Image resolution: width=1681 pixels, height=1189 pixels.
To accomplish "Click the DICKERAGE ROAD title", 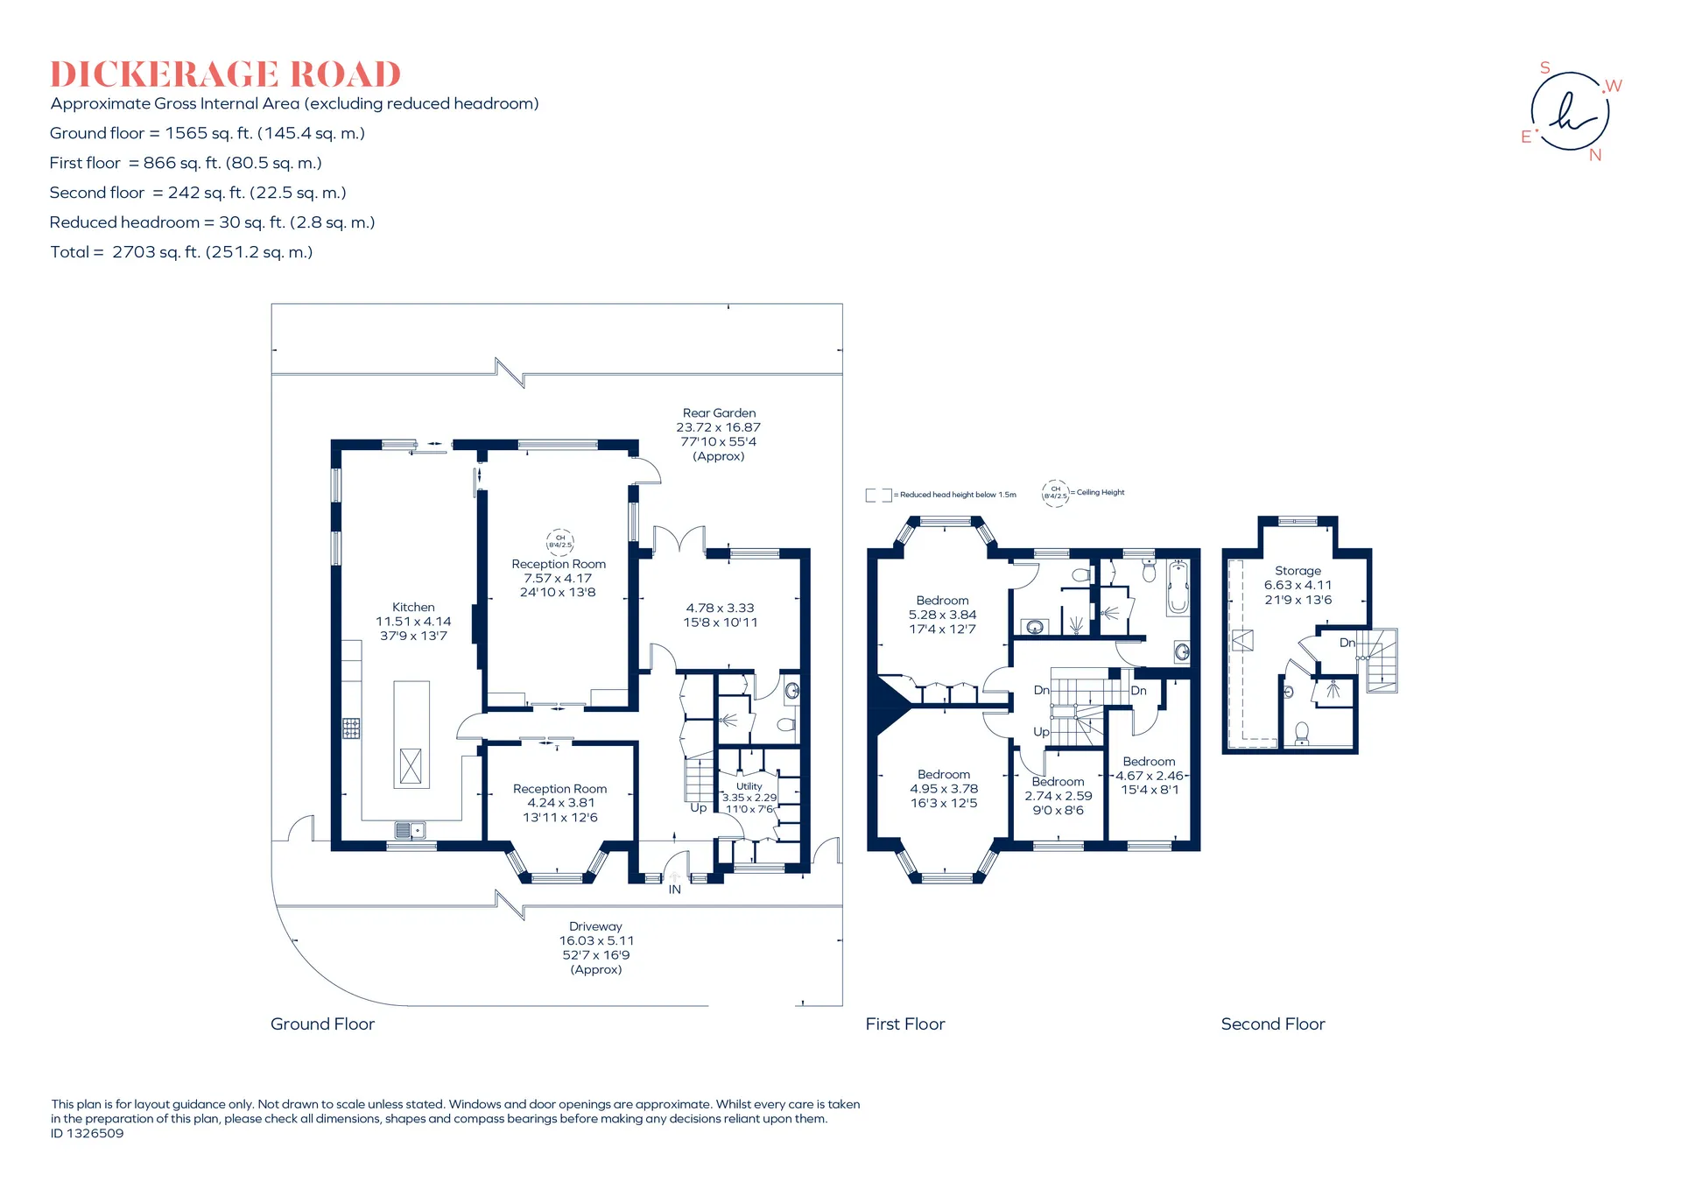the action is pyautogui.click(x=225, y=74).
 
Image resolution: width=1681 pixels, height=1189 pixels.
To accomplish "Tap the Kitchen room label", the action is pyautogui.click(x=413, y=607).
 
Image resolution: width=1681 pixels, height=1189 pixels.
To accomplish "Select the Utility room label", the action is pyautogui.click(x=749, y=786).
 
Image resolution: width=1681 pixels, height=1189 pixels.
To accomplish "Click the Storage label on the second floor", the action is pyautogui.click(x=1298, y=571).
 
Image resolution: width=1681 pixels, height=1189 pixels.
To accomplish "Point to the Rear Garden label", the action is pyautogui.click(x=719, y=413).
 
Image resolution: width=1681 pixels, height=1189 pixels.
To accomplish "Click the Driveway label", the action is pyautogui.click(x=595, y=926).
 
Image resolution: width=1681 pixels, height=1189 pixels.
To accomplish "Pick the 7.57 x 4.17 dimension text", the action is pyautogui.click(x=558, y=578).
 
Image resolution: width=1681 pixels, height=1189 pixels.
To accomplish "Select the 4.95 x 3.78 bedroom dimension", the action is pyautogui.click(x=944, y=789).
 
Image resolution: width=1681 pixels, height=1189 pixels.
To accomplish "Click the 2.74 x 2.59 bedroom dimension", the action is pyautogui.click(x=1059, y=796).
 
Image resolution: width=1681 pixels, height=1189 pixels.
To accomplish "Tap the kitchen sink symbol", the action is pyautogui.click(x=410, y=829).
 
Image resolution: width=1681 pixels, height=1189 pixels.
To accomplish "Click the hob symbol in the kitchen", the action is pyautogui.click(x=351, y=728).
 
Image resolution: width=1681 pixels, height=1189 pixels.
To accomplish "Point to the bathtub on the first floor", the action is pyautogui.click(x=1178, y=587).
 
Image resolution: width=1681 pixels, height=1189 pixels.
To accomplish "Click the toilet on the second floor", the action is pyautogui.click(x=1302, y=733).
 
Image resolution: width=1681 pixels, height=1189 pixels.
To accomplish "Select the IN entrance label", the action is pyautogui.click(x=675, y=890).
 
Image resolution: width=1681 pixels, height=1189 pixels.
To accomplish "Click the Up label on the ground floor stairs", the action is pyautogui.click(x=699, y=808).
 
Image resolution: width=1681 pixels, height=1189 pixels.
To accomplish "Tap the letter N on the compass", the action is pyautogui.click(x=1595, y=155).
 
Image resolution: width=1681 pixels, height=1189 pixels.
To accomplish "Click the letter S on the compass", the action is pyautogui.click(x=1545, y=68).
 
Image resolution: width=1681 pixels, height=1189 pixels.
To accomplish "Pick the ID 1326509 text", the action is pyautogui.click(x=88, y=1133).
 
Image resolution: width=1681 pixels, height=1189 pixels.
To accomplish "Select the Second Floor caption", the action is pyautogui.click(x=1273, y=1024).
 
